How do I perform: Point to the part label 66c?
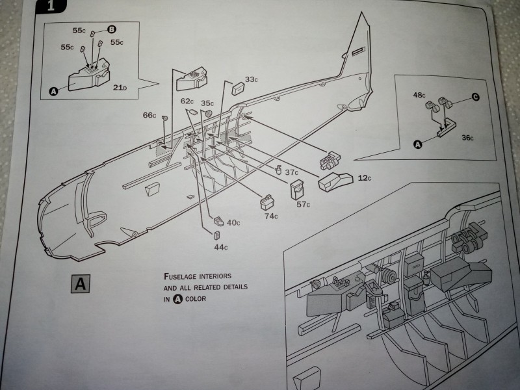[x=149, y=116]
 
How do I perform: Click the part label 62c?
[x=187, y=101]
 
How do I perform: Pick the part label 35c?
[x=207, y=103]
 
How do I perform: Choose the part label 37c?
[x=291, y=172]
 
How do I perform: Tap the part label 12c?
[x=366, y=177]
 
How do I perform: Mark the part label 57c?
[x=304, y=205]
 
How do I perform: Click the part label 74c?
[x=271, y=216]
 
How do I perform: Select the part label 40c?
[x=233, y=223]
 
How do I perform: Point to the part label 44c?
[x=220, y=247]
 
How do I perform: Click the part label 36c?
[x=467, y=138]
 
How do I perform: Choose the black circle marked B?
[x=112, y=29]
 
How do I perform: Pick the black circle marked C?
[x=475, y=97]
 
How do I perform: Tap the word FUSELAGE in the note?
[x=181, y=276]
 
